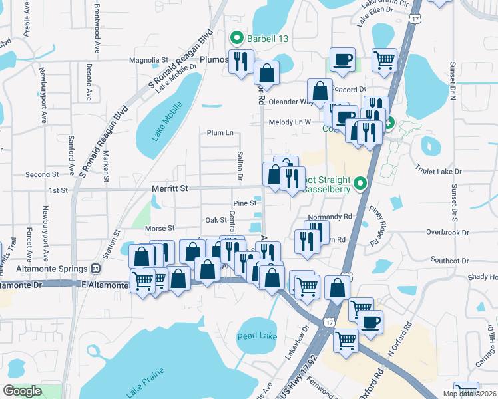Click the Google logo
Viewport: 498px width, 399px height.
click(23, 391)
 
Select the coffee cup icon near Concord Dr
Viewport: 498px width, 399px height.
click(342, 59)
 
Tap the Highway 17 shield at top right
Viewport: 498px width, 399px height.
click(415, 19)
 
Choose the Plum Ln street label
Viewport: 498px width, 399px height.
click(220, 133)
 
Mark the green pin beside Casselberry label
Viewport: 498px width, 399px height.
click(361, 182)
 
